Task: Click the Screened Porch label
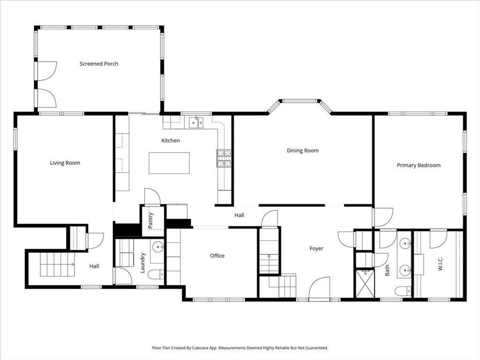point(99,64)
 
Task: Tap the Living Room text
point(65,163)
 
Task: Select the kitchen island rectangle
point(169,163)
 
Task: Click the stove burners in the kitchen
point(224,158)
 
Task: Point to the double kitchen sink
point(196,122)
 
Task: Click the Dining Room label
point(303,150)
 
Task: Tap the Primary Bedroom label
point(419,165)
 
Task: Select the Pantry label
point(150,221)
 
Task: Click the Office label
point(217,255)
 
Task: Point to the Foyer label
point(316,248)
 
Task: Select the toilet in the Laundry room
point(156,274)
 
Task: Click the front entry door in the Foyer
point(319,288)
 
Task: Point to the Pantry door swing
point(152,196)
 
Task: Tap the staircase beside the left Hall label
point(57,264)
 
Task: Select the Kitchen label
point(171,141)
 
